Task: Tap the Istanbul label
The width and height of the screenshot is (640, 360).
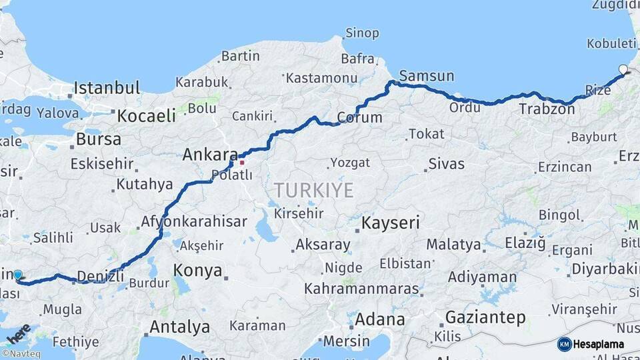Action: pyautogui.click(x=107, y=88)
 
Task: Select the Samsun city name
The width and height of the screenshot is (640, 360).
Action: pyautogui.click(x=427, y=75)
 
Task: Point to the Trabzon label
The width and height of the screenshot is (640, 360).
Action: pyautogui.click(x=547, y=109)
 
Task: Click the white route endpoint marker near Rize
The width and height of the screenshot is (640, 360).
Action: pyautogui.click(x=623, y=69)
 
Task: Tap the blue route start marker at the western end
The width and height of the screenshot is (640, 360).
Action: pyautogui.click(x=18, y=275)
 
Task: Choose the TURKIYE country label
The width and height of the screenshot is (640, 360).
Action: pyautogui.click(x=313, y=191)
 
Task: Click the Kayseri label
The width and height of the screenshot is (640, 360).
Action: pyautogui.click(x=391, y=223)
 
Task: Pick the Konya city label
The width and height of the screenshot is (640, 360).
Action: pyautogui.click(x=197, y=271)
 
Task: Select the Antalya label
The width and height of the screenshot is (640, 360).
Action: pyautogui.click(x=179, y=327)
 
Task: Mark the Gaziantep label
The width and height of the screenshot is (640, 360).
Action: pyautogui.click(x=485, y=317)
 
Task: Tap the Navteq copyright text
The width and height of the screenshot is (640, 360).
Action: pyautogui.click(x=21, y=354)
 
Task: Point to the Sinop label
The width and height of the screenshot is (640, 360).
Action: pyautogui.click(x=362, y=33)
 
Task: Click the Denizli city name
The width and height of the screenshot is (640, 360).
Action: pyautogui.click(x=101, y=275)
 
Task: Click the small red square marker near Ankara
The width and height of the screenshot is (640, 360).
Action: pyautogui.click(x=242, y=162)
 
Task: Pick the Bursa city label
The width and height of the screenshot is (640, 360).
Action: pyautogui.click(x=99, y=140)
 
